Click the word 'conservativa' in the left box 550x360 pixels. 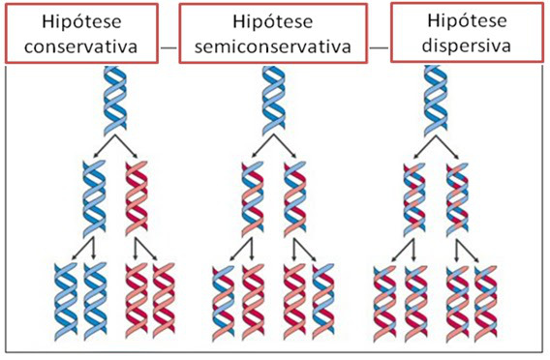(x=81, y=45)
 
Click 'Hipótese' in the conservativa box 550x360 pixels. (x=81, y=21)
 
